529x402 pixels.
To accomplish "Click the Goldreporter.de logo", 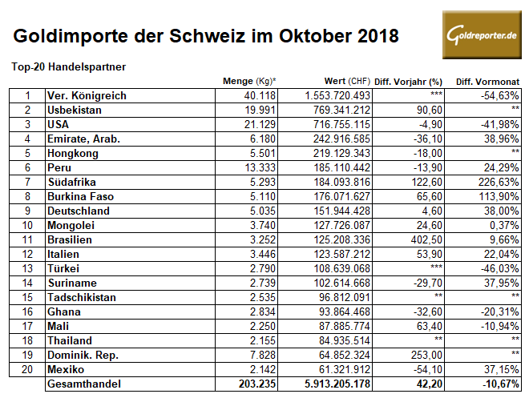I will [x=480, y=37].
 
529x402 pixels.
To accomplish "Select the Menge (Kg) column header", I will [x=249, y=82].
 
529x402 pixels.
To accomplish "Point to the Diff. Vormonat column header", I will [x=487, y=82].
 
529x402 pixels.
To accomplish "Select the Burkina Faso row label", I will [x=83, y=196].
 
